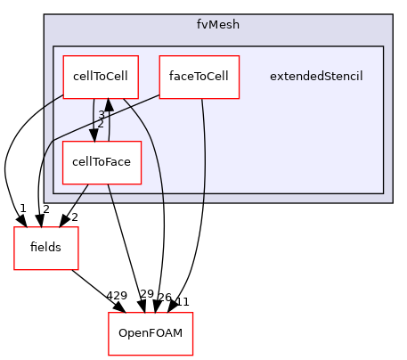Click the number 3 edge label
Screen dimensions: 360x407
(x=102, y=115)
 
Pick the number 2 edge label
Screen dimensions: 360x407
(x=101, y=124)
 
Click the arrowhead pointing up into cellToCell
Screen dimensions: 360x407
(x=110, y=105)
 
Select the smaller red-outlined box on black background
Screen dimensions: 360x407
(x=46, y=248)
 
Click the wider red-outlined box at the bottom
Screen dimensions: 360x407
(x=151, y=333)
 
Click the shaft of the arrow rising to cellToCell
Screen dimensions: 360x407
(x=110, y=125)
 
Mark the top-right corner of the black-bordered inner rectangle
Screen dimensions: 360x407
(x=383, y=46)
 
